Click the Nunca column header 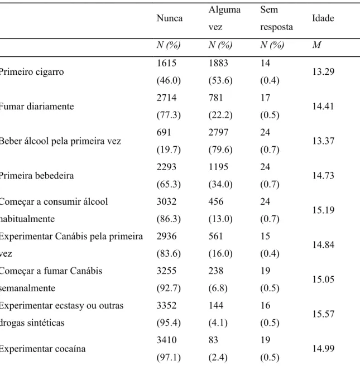[x=170, y=18]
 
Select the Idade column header [x=323, y=18]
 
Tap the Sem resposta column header [x=276, y=18]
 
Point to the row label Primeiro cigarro [x=31, y=72]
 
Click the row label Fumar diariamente [x=37, y=107]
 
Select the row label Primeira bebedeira [x=37, y=175]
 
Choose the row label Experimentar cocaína [x=42, y=349]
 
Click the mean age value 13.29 [x=323, y=72]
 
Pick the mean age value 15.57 [x=323, y=314]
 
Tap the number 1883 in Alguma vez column [x=218, y=63]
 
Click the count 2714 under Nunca [x=166, y=98]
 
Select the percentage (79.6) [x=220, y=150]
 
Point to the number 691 [x=164, y=132]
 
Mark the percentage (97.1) [x=169, y=358]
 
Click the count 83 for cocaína [x=213, y=340]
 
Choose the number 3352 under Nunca [x=166, y=305]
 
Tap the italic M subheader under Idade [x=316, y=45]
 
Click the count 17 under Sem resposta [x=265, y=98]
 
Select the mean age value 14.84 [x=323, y=245]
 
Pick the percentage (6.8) [x=218, y=288]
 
